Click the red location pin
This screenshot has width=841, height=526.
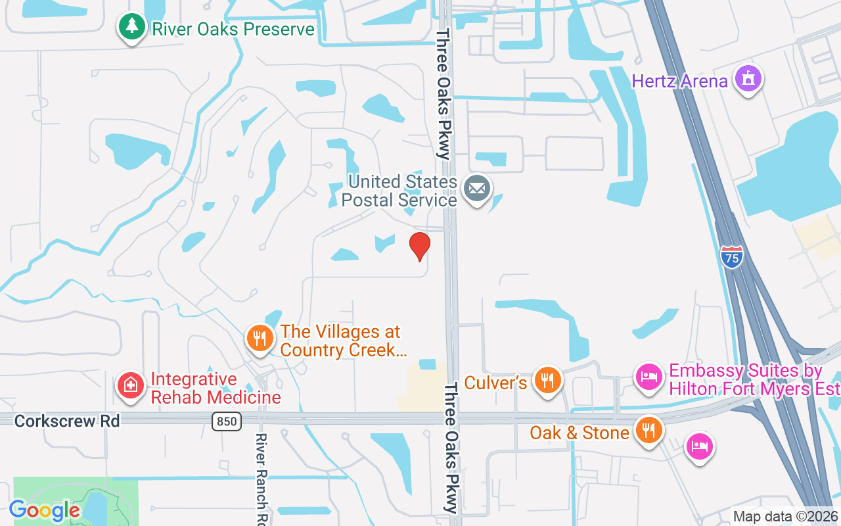[x=419, y=245]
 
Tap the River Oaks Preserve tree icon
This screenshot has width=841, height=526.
[x=132, y=27]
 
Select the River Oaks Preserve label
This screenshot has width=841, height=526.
[x=233, y=30]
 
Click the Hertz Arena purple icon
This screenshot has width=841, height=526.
[x=748, y=79]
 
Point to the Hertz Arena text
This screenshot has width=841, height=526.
[x=679, y=82]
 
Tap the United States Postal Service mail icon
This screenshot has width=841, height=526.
[x=477, y=189]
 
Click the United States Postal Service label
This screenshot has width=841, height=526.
[x=403, y=191]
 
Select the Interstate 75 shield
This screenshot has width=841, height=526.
[x=731, y=256]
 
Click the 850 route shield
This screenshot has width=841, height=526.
[x=227, y=421]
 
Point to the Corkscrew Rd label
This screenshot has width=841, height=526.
[x=67, y=421]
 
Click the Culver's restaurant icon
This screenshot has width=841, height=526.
[x=546, y=380]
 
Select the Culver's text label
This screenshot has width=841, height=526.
[x=495, y=383]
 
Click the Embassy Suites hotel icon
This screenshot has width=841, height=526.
[x=649, y=377]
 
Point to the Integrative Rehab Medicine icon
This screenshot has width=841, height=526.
[x=131, y=385]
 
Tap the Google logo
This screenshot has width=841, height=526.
[x=45, y=510]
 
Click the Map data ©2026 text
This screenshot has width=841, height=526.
[x=785, y=517]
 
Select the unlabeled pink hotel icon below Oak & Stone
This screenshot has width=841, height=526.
[x=699, y=447]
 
